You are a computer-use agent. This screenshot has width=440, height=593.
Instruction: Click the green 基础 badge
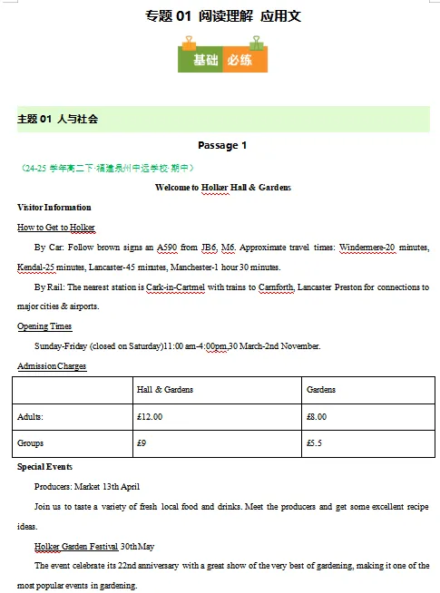[x=206, y=60]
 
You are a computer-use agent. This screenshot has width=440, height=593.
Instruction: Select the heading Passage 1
[x=222, y=145]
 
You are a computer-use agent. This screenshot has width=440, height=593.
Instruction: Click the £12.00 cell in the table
[x=149, y=416]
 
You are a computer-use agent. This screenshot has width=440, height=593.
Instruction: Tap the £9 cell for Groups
[x=141, y=443]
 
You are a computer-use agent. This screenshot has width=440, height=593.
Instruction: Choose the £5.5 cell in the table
[x=315, y=443]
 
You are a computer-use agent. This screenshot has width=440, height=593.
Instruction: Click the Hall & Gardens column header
[x=164, y=389]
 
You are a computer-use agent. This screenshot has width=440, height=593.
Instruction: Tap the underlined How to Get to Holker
[x=56, y=227]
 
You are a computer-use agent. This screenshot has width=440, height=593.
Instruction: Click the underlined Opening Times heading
[x=44, y=326]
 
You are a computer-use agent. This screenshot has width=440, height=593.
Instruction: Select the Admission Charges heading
[x=52, y=365]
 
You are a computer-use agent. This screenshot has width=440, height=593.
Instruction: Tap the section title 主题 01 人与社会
[x=58, y=119]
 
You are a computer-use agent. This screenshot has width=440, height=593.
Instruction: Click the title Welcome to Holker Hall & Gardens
[x=222, y=187]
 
